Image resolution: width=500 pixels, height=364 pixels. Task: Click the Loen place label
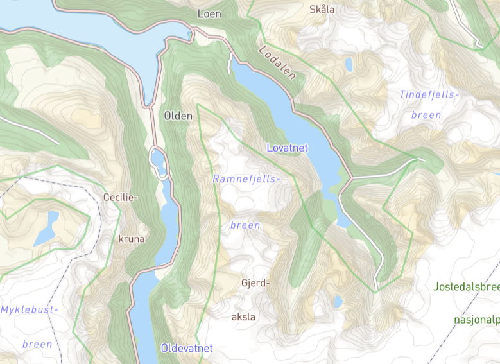(x=209, y=13)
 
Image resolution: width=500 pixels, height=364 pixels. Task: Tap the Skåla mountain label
(x=322, y=9)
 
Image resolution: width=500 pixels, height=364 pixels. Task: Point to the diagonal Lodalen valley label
(x=278, y=63)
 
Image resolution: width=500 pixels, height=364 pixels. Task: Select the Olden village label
(x=178, y=116)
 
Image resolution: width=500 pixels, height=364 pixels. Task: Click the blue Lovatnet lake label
(x=287, y=148)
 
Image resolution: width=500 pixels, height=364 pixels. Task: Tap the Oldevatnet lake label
(x=186, y=349)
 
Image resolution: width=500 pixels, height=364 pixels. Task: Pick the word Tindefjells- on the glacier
(x=429, y=95)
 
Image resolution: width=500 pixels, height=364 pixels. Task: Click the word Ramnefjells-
(x=246, y=179)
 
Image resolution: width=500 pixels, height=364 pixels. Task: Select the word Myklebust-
(x=30, y=309)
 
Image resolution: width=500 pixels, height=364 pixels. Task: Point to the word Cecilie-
(x=121, y=197)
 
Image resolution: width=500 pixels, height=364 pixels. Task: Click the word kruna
(x=132, y=239)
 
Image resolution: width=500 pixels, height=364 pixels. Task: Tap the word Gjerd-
(x=256, y=282)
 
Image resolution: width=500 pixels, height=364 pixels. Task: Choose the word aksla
(x=243, y=316)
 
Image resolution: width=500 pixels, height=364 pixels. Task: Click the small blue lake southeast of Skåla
(x=349, y=64)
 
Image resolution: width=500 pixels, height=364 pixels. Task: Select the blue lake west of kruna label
(x=47, y=228)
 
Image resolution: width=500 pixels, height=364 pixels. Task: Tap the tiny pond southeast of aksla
(x=338, y=301)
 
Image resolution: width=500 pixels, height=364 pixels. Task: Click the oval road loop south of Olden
(x=158, y=163)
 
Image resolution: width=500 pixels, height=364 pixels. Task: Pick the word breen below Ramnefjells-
(x=245, y=225)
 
